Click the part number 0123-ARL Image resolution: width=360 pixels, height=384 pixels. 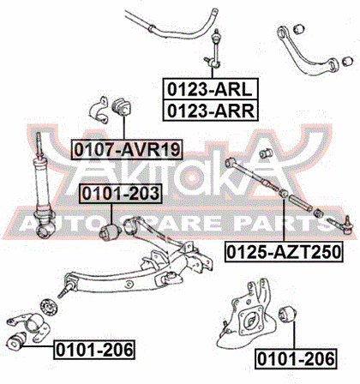(210, 89)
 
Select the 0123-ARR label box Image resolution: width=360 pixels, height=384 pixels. (210, 111)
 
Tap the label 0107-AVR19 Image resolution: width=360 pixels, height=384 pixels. (127, 149)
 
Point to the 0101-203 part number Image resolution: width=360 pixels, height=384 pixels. (121, 194)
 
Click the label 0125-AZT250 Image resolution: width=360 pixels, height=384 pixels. (284, 252)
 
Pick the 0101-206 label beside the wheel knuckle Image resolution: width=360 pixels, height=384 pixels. (296, 358)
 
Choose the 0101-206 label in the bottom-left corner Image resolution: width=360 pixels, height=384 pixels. (94, 350)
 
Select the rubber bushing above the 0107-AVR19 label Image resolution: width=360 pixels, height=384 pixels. (123, 108)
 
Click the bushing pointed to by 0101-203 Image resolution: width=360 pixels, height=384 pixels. (110, 231)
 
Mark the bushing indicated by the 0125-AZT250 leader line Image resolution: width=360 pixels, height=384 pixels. (284, 194)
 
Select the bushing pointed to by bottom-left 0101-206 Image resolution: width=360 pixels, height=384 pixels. (16, 341)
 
